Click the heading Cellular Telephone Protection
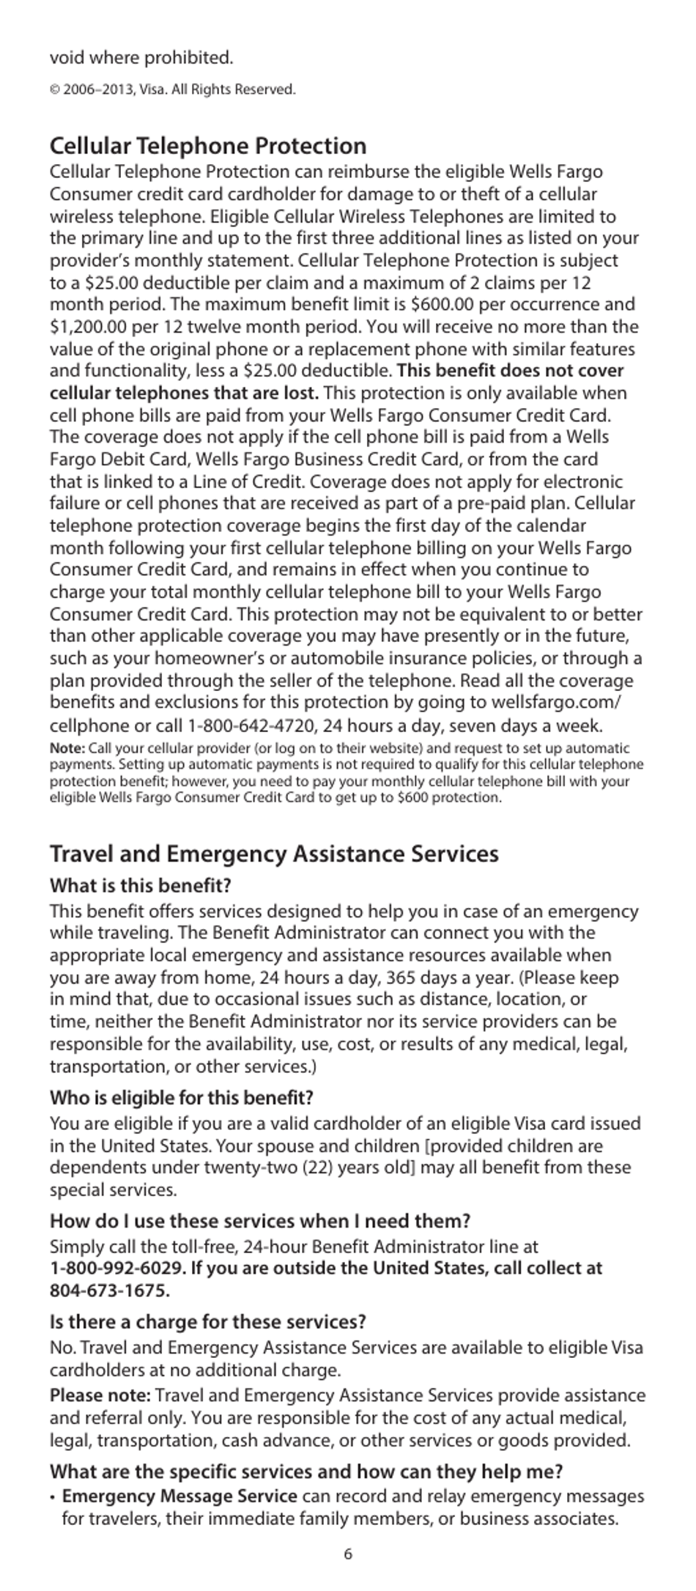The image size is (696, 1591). [208, 146]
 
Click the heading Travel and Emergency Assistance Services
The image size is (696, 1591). [274, 854]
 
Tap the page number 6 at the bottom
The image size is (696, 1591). [348, 1554]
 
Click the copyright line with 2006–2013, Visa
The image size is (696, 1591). [173, 90]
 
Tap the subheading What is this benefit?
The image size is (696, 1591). [140, 885]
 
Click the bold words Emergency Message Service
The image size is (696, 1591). [179, 1496]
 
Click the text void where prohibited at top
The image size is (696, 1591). [141, 57]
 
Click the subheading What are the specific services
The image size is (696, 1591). [306, 1472]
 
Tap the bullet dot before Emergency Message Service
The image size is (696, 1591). [53, 1497]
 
